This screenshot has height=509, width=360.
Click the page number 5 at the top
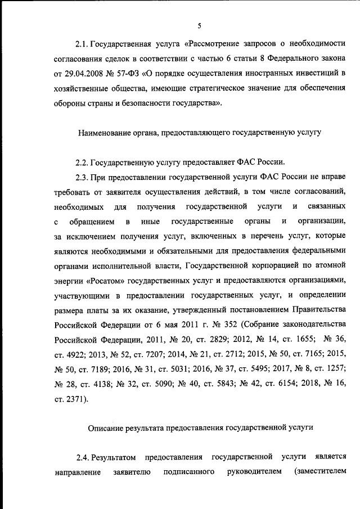pos(199,25)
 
